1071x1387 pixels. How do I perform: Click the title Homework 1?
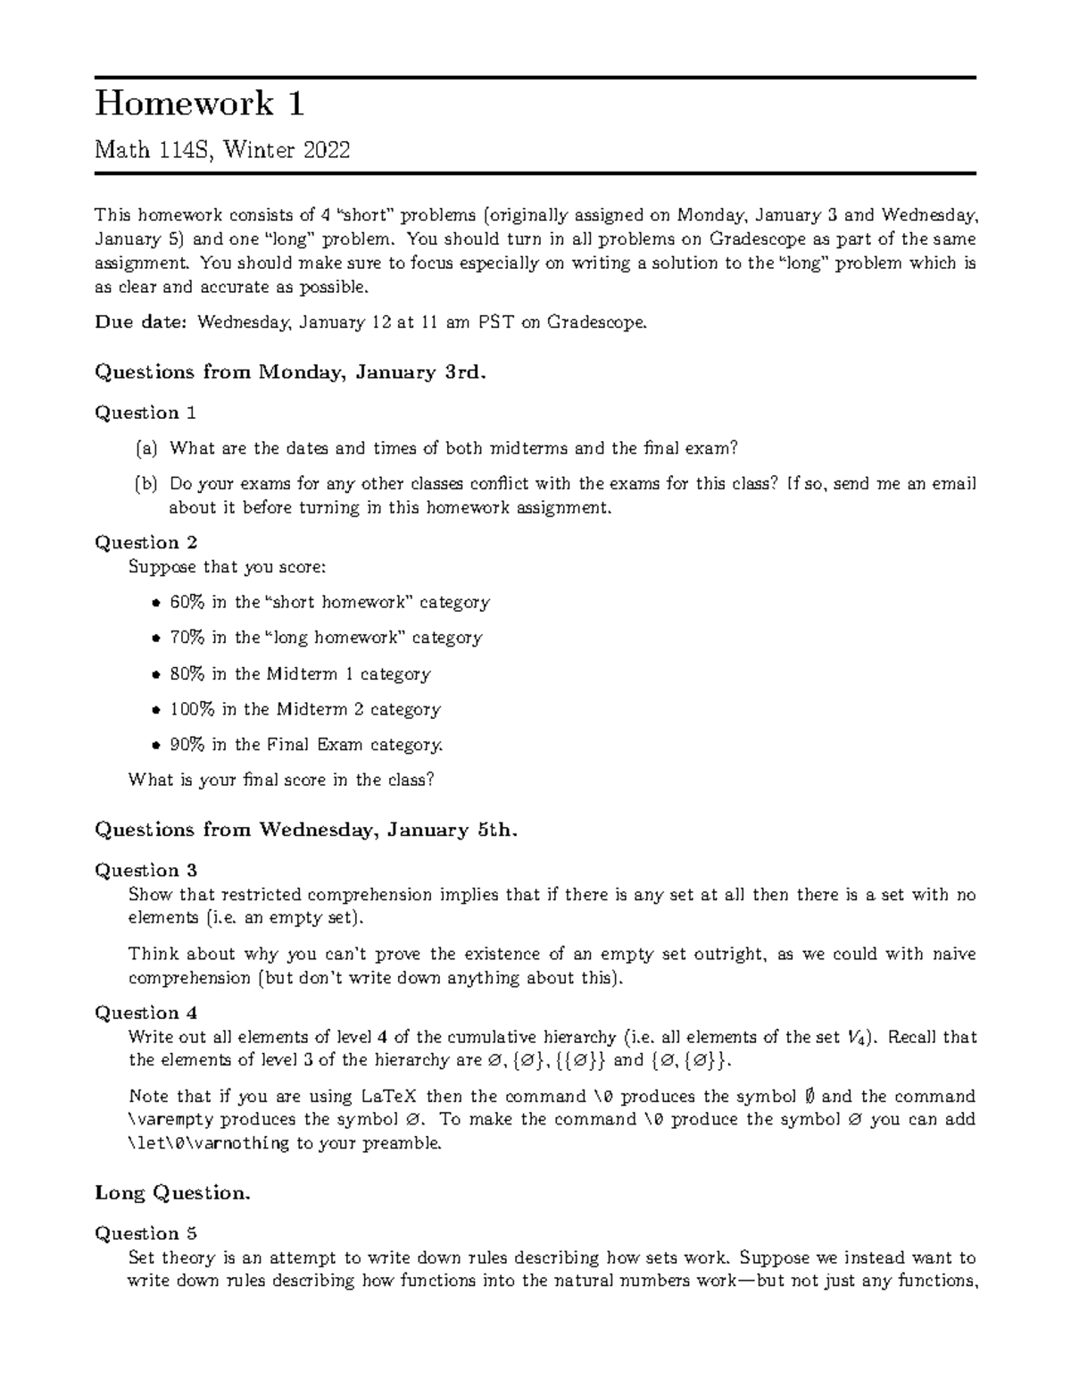coord(200,104)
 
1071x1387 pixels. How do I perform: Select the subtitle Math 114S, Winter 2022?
coord(222,150)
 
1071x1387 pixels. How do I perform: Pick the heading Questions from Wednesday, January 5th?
coord(306,830)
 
